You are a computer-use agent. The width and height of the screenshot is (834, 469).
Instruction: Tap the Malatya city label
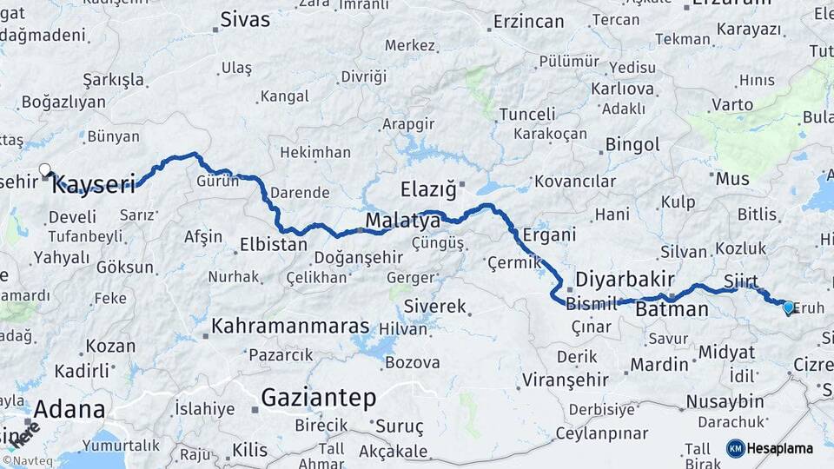(x=402, y=221)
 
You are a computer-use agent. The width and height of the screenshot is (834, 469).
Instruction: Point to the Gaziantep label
(x=318, y=399)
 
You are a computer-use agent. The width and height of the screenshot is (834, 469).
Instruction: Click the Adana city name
(x=69, y=409)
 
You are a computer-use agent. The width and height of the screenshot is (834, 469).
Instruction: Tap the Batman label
(x=672, y=309)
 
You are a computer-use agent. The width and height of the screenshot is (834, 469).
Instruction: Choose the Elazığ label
(x=427, y=188)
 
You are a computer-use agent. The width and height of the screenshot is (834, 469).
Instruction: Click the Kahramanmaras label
(x=291, y=327)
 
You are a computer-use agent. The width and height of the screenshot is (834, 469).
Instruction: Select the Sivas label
(x=246, y=20)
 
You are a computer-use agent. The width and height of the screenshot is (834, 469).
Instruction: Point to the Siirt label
(x=740, y=282)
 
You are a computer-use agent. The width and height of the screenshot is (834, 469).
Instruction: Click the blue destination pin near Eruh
(x=788, y=307)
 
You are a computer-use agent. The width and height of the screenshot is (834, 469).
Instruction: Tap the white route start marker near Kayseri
(x=45, y=170)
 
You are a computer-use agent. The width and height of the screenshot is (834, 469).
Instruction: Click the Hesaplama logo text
(x=781, y=448)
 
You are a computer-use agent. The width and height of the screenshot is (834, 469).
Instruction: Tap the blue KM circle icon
(x=736, y=448)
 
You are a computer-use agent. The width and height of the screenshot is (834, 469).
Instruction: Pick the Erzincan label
(x=530, y=21)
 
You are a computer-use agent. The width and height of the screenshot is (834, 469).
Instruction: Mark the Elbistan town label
(x=273, y=245)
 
